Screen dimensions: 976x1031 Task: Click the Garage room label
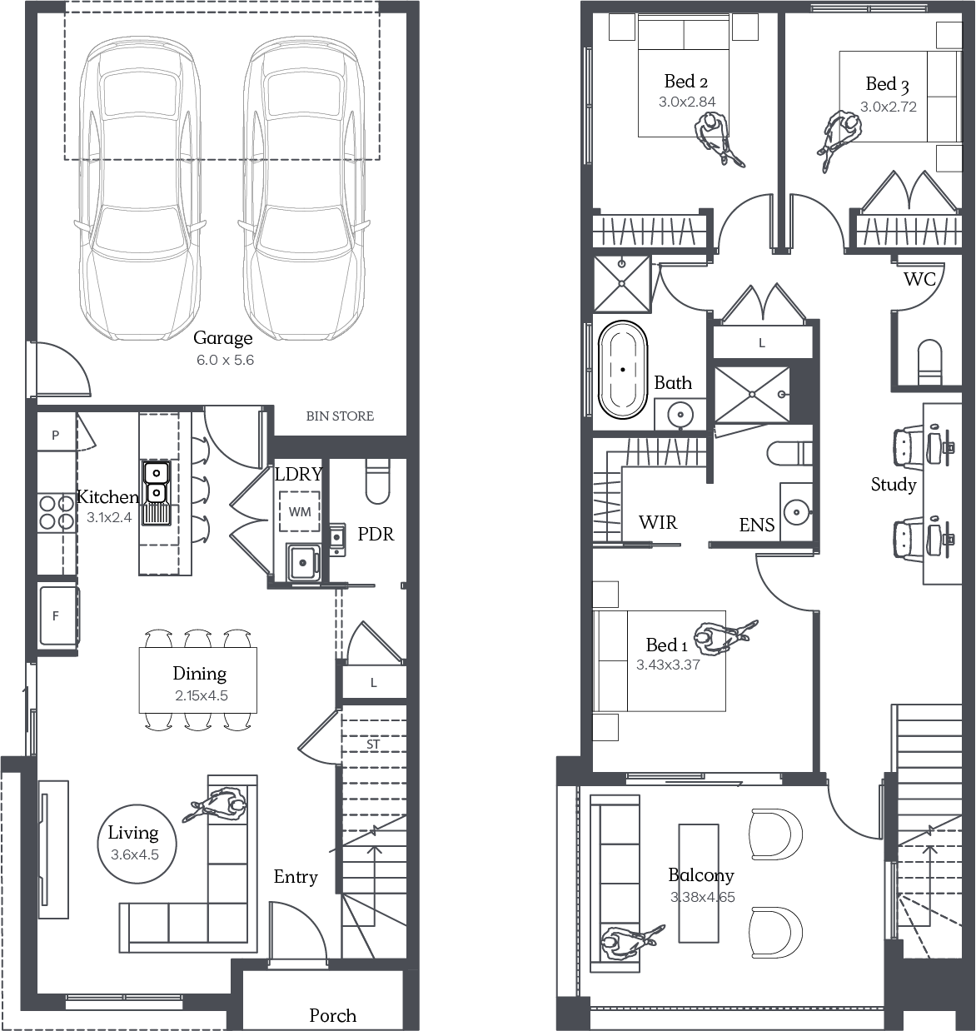pos(223,338)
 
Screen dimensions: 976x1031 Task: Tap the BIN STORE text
pos(340,416)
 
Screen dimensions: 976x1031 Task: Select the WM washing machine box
pos(300,511)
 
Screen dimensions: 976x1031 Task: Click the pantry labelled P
pos(56,434)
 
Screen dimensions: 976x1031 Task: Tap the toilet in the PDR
pos(378,481)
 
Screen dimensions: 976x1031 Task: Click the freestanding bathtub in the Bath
pos(623,370)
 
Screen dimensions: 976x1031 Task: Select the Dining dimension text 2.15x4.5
pos(202,695)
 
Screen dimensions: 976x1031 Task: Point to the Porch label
pos(332,1016)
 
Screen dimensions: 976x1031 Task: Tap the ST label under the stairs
pos(373,745)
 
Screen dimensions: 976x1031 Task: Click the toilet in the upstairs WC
pos(930,361)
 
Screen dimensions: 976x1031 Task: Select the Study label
pos(894,485)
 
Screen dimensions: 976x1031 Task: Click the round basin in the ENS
pos(796,512)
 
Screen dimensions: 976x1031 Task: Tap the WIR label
pos(658,522)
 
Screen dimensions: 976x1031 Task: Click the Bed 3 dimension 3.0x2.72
pos(889,107)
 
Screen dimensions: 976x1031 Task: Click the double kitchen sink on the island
pos(157,482)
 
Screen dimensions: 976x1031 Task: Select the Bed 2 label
pos(686,82)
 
